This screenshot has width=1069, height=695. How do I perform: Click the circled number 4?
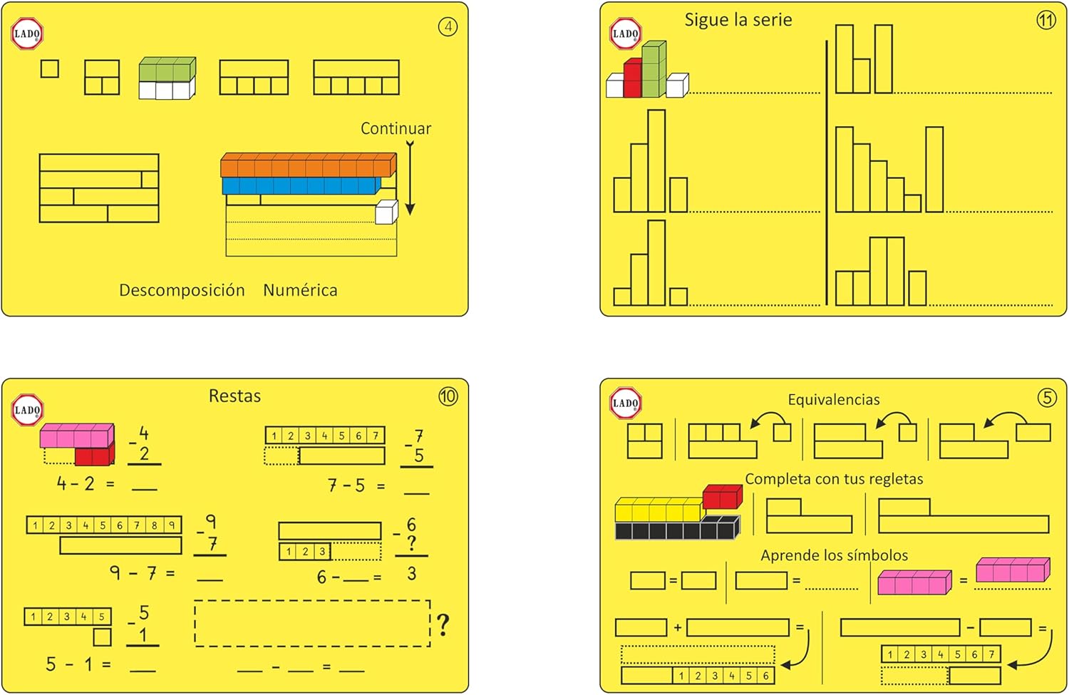click(x=448, y=27)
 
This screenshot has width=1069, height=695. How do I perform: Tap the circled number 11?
click(x=1045, y=20)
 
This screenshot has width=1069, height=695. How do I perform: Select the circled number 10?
click(x=448, y=396)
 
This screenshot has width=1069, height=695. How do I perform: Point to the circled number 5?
click(x=1046, y=397)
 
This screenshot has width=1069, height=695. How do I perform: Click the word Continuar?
click(x=396, y=129)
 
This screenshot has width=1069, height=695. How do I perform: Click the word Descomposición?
click(x=182, y=290)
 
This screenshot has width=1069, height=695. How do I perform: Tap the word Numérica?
click(x=300, y=290)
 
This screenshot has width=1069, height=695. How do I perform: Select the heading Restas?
click(x=234, y=396)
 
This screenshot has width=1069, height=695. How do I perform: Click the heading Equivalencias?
click(x=833, y=400)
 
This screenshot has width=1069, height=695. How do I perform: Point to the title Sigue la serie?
click(x=738, y=20)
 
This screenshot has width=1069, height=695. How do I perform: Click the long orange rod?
click(x=307, y=165)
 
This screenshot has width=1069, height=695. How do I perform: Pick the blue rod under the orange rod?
click(x=301, y=186)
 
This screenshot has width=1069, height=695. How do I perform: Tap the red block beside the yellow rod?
click(x=722, y=497)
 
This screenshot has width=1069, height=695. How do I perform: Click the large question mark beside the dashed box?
click(x=443, y=624)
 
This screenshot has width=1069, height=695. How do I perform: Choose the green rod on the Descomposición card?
click(x=167, y=70)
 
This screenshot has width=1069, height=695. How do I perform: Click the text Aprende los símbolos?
click(x=834, y=555)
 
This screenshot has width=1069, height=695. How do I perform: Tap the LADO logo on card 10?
click(x=27, y=410)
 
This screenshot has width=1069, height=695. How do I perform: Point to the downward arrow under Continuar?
click(x=410, y=178)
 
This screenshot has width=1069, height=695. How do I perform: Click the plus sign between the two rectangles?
click(x=677, y=628)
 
